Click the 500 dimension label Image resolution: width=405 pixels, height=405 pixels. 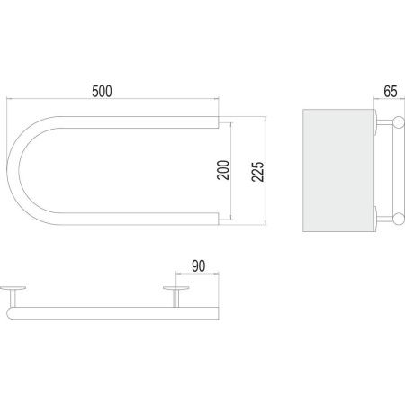(102, 92)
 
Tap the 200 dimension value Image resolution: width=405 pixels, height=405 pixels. (223, 170)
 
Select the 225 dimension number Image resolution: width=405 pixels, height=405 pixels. (257, 172)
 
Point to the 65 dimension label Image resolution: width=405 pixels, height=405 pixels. (391, 92)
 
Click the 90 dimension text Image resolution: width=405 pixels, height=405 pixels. (199, 266)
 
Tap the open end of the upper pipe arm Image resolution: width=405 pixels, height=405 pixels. (219, 122)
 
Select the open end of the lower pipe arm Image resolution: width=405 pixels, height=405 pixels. (219, 219)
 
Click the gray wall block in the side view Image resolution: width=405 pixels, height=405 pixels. (338, 170)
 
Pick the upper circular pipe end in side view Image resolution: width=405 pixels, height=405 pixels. (399, 122)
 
